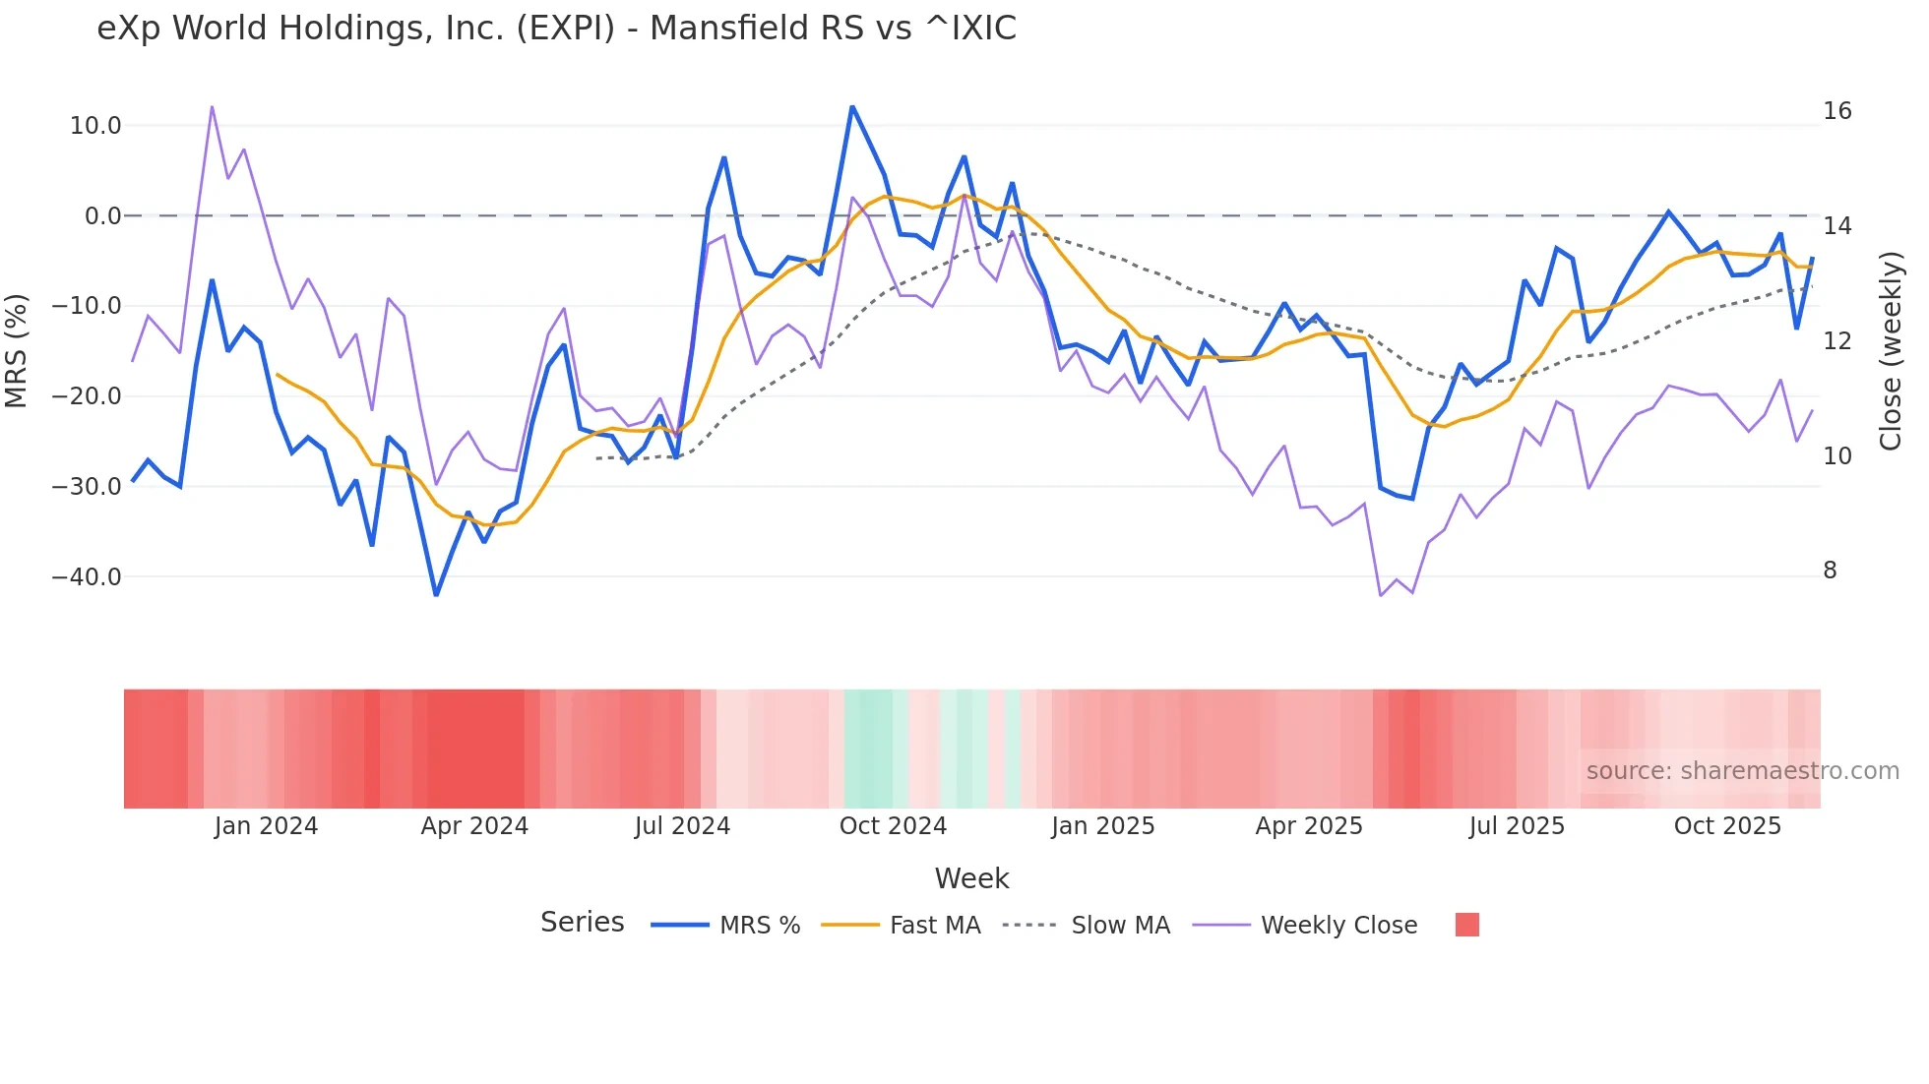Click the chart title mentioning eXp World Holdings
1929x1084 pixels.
556,29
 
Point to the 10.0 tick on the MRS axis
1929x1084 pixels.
95,126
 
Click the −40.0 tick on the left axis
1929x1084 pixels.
87,577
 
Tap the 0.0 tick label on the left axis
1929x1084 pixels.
102,216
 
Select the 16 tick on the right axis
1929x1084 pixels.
1836,111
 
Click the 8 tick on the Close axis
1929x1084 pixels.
1830,571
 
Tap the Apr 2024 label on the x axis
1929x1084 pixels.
474,826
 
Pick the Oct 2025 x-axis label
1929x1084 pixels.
1727,826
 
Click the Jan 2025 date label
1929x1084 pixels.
1102,826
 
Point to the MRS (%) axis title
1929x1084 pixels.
17,350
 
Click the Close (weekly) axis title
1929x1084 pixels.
1890,350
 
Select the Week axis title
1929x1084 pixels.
971,878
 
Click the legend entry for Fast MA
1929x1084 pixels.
934,926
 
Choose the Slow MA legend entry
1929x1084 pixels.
1120,926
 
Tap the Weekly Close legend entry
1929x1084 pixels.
1338,926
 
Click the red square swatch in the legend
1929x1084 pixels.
1466,925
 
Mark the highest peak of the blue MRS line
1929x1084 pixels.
852,106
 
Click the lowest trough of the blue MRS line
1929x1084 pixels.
436,595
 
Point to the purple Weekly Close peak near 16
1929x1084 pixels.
212,106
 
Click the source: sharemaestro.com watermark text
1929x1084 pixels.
1742,771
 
